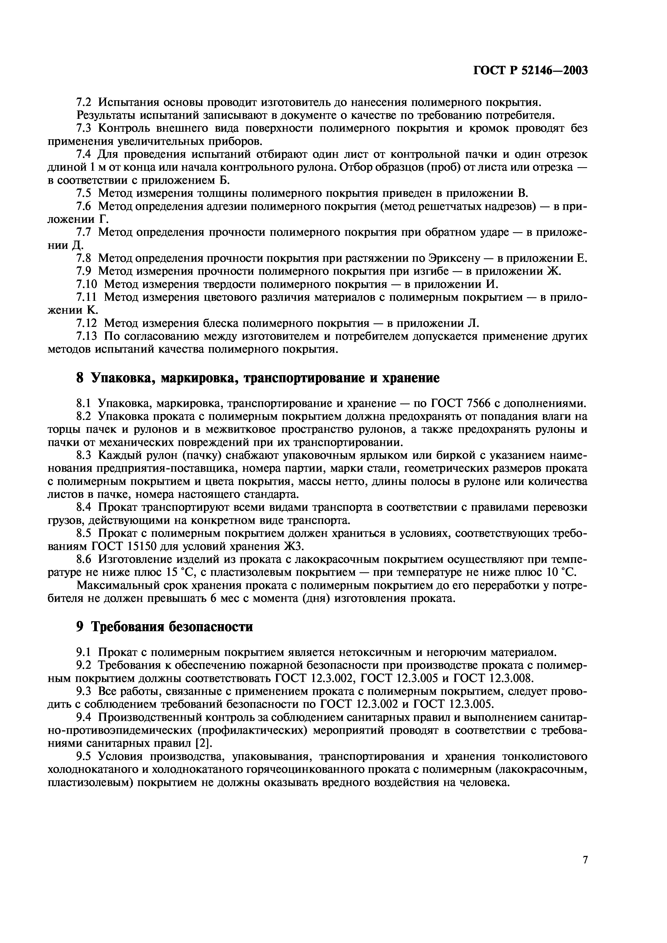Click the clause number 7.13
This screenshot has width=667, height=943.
click(87, 336)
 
